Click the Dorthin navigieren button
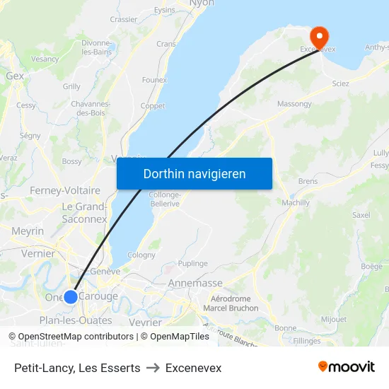pos(194,173)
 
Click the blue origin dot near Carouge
pos(71,296)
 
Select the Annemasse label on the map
pos(196,283)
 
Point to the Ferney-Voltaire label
pos(64,190)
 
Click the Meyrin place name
pos(28,231)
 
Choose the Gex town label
pos(15,76)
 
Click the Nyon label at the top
pos(202,4)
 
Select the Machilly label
pos(296,203)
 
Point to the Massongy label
pos(294,104)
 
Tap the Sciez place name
pos(341,83)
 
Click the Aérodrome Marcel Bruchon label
pos(231,303)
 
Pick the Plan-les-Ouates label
pos(76,320)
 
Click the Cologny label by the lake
pos(141,255)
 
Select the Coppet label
pos(153,106)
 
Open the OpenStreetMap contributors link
pos(75,337)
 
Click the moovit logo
pos(346,367)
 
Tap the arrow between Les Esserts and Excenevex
pos(153,368)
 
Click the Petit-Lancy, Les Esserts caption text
pos(77,368)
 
